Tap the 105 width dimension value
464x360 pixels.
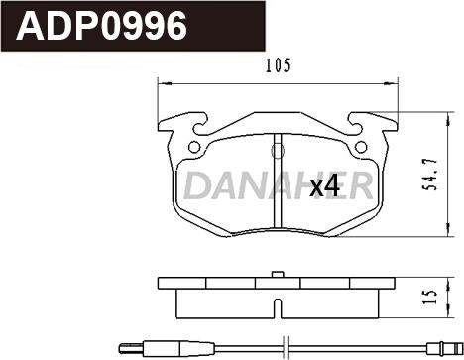(x=277, y=67)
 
